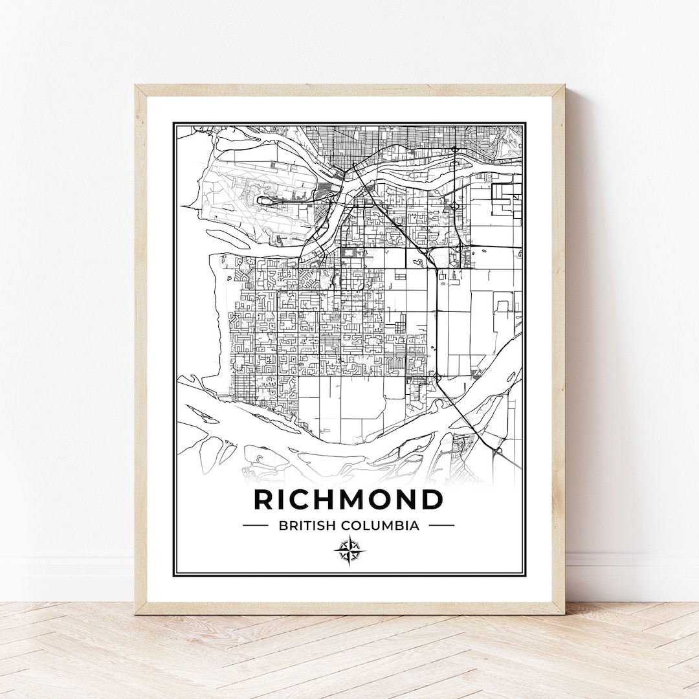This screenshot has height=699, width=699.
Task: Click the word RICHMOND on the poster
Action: [348, 500]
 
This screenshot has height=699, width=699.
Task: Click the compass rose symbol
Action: [349, 551]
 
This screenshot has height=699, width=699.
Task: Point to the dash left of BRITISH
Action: [255, 526]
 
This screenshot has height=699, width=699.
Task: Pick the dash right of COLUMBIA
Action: [441, 526]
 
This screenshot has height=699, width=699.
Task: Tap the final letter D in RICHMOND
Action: [432, 500]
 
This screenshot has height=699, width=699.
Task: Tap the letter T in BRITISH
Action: [304, 526]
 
